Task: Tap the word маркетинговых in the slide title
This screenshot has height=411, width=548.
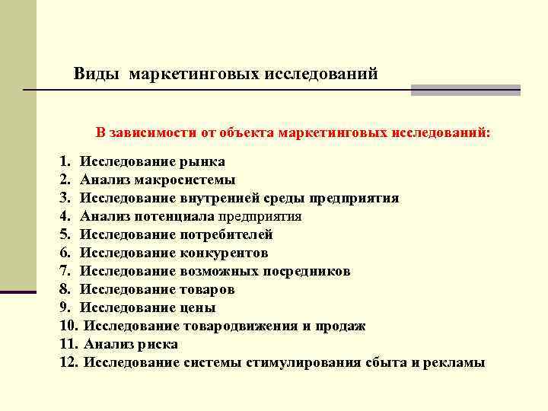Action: coord(194,75)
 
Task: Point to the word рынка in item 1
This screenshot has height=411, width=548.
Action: coord(202,162)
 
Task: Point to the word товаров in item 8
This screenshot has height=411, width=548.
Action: coord(207,290)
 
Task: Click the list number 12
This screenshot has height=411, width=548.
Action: coord(68,363)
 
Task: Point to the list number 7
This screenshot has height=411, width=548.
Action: coord(65,272)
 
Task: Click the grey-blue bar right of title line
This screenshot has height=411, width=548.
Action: coord(465,90)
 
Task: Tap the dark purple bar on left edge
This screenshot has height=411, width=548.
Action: coord(18,292)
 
